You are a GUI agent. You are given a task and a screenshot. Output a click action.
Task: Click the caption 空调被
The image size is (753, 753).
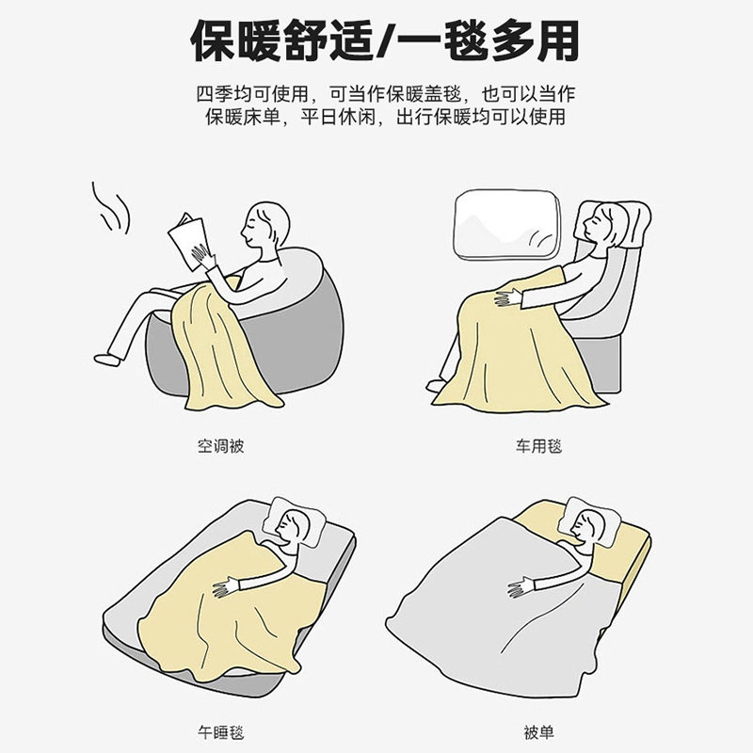(x=220, y=446)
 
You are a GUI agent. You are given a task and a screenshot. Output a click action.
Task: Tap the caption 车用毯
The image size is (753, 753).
(x=537, y=446)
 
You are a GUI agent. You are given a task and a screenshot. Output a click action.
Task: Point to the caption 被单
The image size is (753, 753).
(x=537, y=730)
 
